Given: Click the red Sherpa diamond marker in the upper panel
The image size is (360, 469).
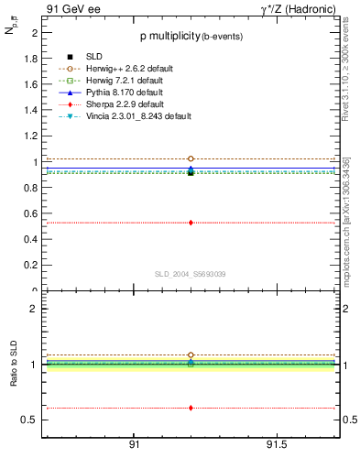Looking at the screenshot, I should tap(191, 223).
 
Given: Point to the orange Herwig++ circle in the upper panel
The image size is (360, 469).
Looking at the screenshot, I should tap(191, 158).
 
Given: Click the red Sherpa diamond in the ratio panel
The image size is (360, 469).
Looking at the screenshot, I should tap(191, 408).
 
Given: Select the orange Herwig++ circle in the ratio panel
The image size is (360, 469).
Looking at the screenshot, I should tap(191, 354).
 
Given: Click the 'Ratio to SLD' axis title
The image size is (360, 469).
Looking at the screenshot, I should tap(14, 376).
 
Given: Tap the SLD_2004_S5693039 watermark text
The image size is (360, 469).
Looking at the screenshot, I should tap(191, 274).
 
